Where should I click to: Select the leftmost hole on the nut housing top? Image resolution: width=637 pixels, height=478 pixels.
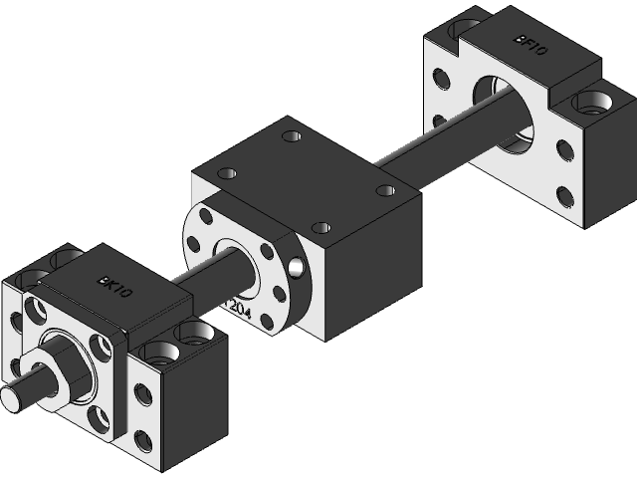(x=227, y=172)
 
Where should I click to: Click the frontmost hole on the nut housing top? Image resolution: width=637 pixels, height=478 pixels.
(x=319, y=228)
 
